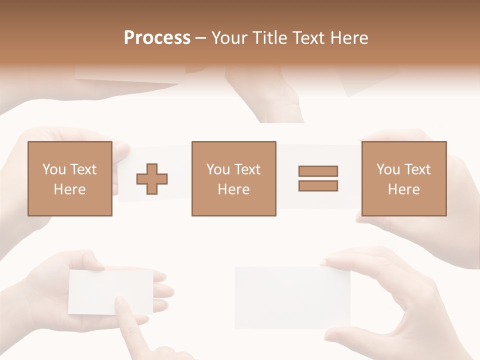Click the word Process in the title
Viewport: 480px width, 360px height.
point(157,38)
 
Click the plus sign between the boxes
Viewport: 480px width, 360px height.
point(152,178)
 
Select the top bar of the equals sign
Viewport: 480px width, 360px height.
point(318,171)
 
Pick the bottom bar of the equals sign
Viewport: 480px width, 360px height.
point(318,186)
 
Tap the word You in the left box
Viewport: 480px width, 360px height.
point(54,169)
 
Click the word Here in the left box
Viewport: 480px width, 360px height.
point(69,189)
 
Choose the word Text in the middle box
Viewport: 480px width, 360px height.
point(247,169)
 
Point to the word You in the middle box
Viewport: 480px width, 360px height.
point(218,169)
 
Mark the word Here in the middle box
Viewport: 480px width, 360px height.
point(233,189)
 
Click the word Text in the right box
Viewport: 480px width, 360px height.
point(417,169)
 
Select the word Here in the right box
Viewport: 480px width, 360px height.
point(403,189)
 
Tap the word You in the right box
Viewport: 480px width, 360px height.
point(388,169)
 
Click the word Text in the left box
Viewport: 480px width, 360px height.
point(83,169)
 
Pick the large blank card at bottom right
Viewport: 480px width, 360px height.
point(290,297)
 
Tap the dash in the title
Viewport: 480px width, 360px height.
point(201,38)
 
